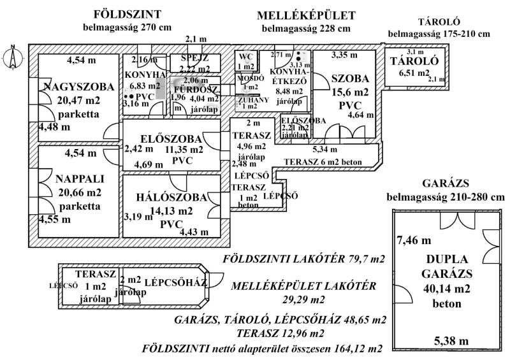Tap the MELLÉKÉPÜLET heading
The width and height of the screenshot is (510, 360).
coord(306,15)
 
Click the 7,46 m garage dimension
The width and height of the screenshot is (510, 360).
coord(414,240)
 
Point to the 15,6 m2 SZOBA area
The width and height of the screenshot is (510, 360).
coord(349,92)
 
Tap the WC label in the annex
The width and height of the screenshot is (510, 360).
coord(246,57)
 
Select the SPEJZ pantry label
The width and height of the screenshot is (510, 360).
coord(195,58)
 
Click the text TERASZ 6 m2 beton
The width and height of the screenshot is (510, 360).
coord(323,162)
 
